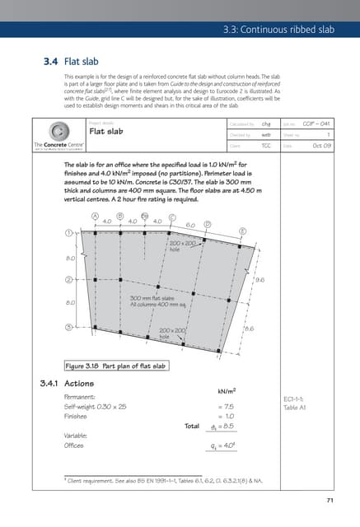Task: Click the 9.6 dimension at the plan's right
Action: click(260, 281)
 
